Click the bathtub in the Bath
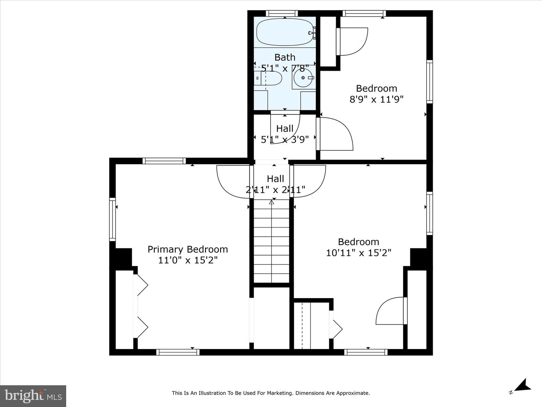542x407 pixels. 285,32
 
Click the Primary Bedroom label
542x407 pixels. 187,249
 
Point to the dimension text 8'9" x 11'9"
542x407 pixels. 376,99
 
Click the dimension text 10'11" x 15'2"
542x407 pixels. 358,253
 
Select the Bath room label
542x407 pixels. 285,57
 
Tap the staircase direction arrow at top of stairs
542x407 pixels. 271,202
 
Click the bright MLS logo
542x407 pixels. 33,396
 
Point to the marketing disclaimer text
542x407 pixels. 271,393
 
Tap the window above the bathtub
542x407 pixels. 282,14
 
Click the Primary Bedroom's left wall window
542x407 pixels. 113,219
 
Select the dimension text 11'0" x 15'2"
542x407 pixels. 187,260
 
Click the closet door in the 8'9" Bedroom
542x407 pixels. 352,41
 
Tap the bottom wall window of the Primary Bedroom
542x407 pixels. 178,352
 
